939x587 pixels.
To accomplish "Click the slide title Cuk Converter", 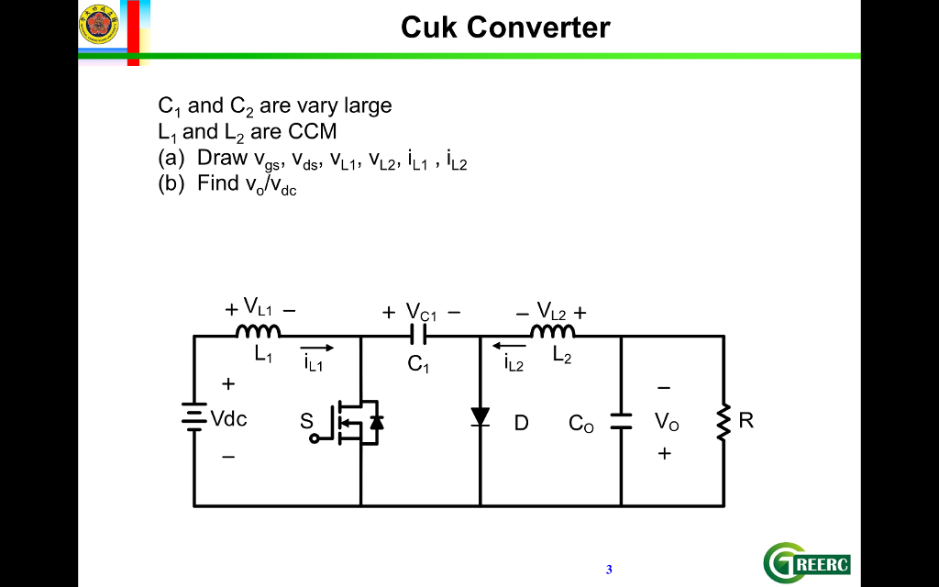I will [505, 28].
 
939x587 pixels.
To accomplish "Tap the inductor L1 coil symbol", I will [259, 331].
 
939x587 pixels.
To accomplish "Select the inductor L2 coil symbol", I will [553, 331].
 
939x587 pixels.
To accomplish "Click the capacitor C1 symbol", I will [420, 336].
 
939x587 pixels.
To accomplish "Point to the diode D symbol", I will [481, 418].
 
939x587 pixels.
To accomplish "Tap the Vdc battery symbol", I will [193, 418].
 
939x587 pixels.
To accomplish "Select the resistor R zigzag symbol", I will [724, 421].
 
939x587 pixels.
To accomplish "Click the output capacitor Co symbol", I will [621, 421].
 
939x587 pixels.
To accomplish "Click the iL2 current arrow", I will [509, 347].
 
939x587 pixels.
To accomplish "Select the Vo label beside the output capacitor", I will [667, 422].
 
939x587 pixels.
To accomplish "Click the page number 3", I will [609, 570].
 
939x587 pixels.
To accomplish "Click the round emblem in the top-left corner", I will [99, 24].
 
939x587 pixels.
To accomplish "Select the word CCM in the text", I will [313, 131].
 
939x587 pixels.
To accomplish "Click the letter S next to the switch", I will [306, 421].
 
